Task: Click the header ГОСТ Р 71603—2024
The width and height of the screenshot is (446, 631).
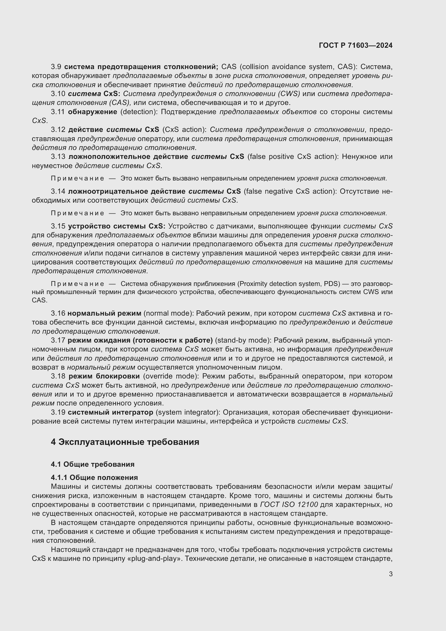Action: [x=355, y=45]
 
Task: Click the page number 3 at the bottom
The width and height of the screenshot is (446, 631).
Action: [x=390, y=574]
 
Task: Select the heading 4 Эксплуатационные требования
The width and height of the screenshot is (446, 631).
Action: [x=125, y=442]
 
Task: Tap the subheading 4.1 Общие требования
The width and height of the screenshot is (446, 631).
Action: [x=92, y=464]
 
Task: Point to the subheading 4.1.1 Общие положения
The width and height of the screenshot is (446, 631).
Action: [x=94, y=477]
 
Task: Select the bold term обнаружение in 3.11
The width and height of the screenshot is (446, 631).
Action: [x=92, y=112]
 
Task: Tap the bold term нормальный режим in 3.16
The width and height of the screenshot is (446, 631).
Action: [x=104, y=313]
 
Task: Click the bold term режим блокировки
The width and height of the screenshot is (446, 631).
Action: [x=104, y=376]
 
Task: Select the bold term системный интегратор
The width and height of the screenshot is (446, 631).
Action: [x=110, y=412]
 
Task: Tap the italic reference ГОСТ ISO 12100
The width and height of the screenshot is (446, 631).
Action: [x=289, y=504]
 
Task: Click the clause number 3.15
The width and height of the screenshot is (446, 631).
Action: [x=58, y=226]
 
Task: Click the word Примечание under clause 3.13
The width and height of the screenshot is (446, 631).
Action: [x=77, y=179]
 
